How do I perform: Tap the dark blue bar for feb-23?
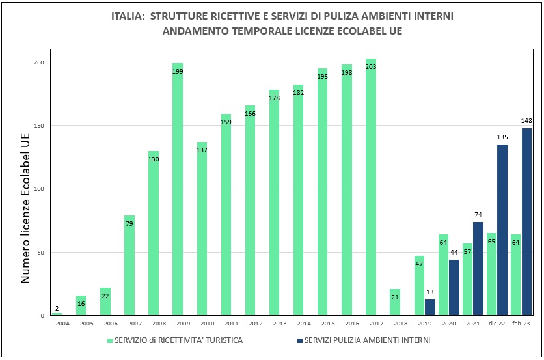click(x=526, y=221)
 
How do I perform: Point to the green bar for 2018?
click(x=395, y=302)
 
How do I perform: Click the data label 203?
click(x=371, y=66)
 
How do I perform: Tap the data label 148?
click(x=526, y=121)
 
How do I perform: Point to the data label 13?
click(x=430, y=292)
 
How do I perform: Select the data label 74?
click(x=478, y=215)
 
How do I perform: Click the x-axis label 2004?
click(x=62, y=324)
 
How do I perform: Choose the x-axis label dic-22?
click(x=496, y=324)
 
